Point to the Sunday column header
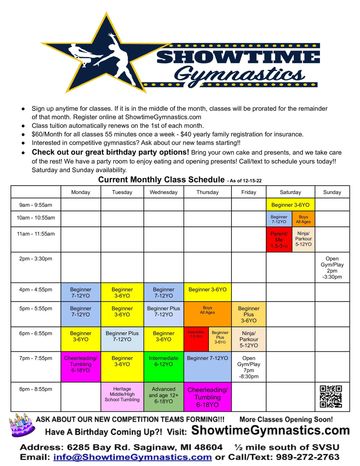[331, 191]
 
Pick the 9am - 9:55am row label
[35, 204]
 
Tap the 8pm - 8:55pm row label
[35, 389]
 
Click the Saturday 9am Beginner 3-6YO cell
[290, 204]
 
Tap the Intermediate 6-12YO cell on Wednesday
[163, 361]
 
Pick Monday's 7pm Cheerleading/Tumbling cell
[80, 361]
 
